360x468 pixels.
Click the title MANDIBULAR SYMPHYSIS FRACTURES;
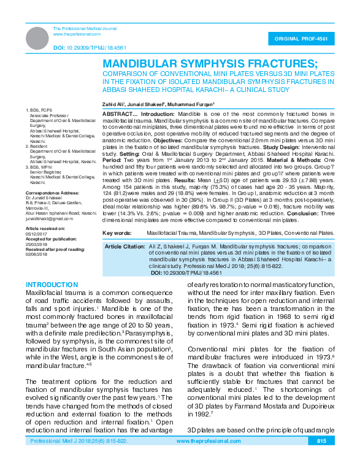[210, 64]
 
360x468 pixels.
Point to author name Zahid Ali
[115, 104]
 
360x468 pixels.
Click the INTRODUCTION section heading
[53, 285]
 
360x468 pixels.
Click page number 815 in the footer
[321, 458]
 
